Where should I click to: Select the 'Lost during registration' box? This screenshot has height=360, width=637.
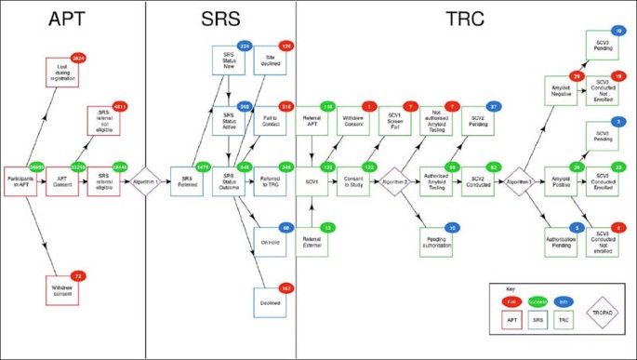click(x=63, y=72)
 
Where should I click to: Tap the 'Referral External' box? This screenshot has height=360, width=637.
click(x=312, y=240)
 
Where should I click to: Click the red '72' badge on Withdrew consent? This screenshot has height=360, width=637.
click(x=77, y=276)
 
